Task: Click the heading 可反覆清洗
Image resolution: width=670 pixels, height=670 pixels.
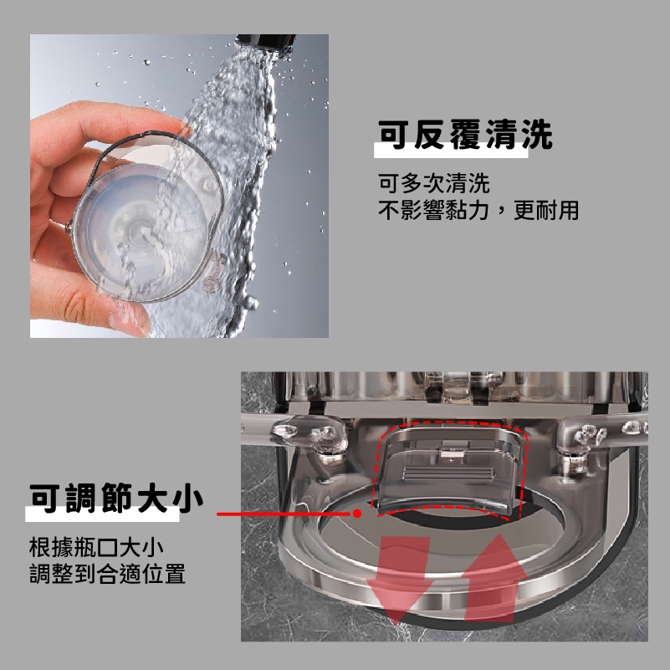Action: [x=465, y=135]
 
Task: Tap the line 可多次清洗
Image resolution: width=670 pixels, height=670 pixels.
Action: [x=434, y=183]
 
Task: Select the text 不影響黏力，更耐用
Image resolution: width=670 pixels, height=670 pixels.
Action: [x=478, y=210]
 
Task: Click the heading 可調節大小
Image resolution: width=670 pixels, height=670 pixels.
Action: [x=116, y=499]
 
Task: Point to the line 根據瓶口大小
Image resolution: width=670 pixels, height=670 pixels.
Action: [x=96, y=547]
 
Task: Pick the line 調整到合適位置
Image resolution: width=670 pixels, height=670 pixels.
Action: [x=108, y=574]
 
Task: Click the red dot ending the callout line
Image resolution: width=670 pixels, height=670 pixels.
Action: [x=357, y=514]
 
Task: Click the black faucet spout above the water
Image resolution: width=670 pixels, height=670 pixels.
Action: [x=266, y=42]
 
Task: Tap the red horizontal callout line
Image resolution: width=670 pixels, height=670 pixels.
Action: [x=287, y=514]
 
